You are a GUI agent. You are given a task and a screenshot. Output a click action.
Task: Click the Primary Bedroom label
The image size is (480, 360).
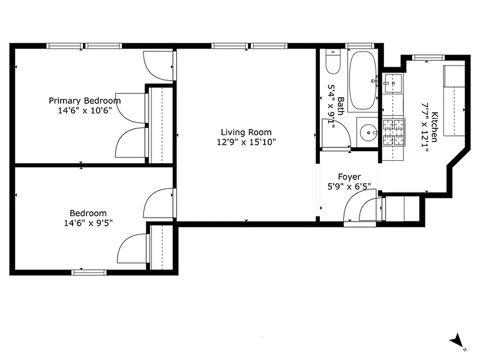pyautogui.click(x=85, y=100)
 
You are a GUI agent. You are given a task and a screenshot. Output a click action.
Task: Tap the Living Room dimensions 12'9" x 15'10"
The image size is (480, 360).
pyautogui.click(x=246, y=142)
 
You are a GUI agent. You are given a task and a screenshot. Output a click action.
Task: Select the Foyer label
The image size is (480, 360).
pyautogui.click(x=349, y=177)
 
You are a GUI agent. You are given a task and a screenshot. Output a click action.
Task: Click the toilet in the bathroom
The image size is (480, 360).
pyautogui.click(x=333, y=62)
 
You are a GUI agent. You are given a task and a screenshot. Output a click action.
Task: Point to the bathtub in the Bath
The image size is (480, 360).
pyautogui.click(x=363, y=81)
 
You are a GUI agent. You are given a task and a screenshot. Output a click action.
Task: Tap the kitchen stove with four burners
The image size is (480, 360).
pyautogui.click(x=394, y=132)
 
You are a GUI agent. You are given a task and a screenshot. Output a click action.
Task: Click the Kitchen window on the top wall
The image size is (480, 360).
pyautogui.click(x=428, y=57)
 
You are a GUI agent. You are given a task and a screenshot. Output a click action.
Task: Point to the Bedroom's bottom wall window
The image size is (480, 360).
pyautogui.click(x=89, y=272)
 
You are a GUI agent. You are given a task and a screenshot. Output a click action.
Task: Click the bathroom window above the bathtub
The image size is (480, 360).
pyautogui.click(x=360, y=45)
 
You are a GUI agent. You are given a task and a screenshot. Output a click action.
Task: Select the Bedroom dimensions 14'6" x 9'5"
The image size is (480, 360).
pyautogui.click(x=88, y=222)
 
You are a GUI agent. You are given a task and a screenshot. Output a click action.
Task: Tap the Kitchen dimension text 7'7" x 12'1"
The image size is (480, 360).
pyautogui.click(x=424, y=127)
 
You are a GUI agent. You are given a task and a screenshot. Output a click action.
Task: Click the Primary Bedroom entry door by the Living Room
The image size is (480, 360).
pyautogui.click(x=158, y=66)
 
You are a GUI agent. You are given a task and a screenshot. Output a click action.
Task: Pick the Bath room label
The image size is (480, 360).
pyautogui.click(x=341, y=106)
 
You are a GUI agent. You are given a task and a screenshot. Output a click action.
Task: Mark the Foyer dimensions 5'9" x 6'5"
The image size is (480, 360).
pyautogui.click(x=349, y=186)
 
